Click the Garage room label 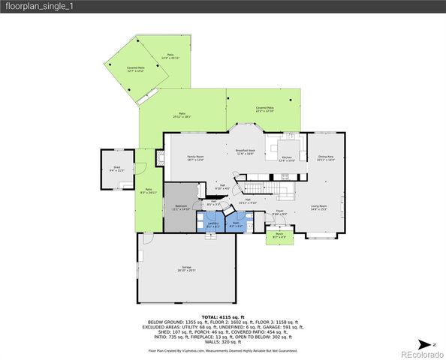[x=186, y=268]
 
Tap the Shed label [x=117, y=169]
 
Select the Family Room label [x=195, y=158]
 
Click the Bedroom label [x=181, y=207]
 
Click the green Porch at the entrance [x=279, y=236]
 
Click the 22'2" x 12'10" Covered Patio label [x=264, y=109]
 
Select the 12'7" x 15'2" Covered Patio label [x=136, y=70]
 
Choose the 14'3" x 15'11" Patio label [x=170, y=56]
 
